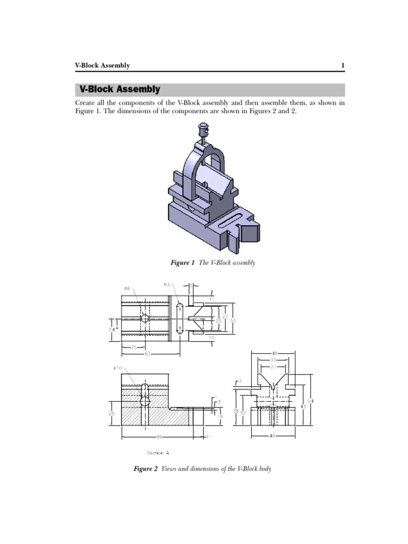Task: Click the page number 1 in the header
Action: point(343,65)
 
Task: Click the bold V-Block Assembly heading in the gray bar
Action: point(120,89)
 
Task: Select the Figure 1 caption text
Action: point(212,263)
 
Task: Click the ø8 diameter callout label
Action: point(127,288)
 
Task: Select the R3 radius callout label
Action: point(167,285)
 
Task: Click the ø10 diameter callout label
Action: point(117,368)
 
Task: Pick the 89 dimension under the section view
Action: point(159,437)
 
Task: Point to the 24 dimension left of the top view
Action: point(112,329)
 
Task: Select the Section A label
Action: point(158,453)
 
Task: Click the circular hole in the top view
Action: point(144,318)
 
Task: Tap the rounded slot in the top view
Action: point(180,318)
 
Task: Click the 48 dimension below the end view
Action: point(273,436)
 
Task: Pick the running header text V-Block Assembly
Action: point(102,65)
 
